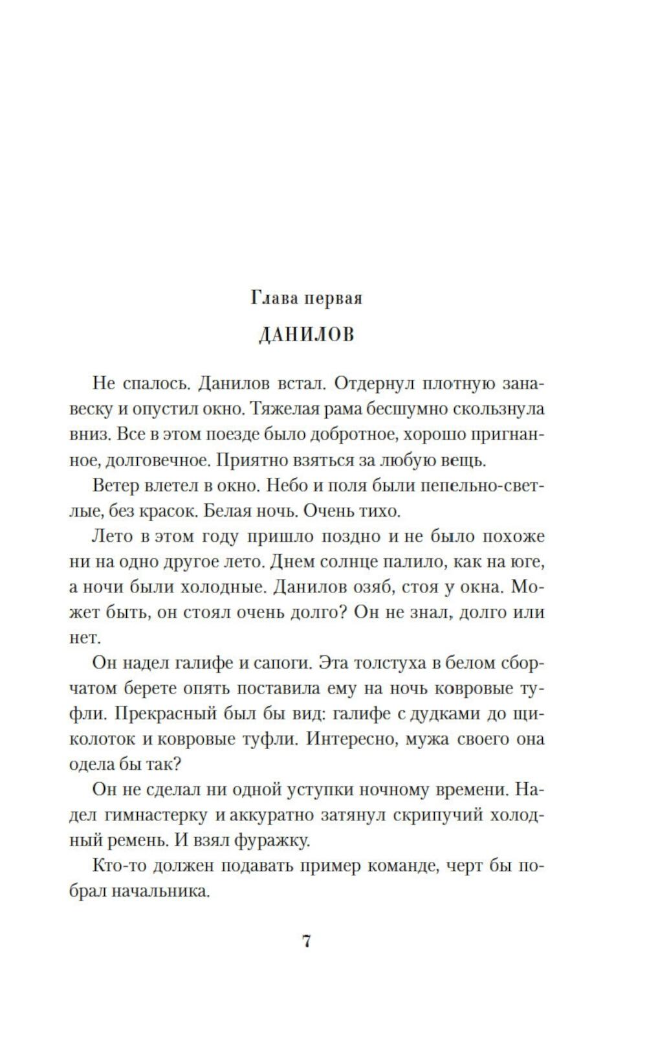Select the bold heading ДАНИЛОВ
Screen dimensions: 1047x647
tap(307, 335)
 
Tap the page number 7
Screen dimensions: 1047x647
tap(307, 941)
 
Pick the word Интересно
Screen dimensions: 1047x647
tap(351, 739)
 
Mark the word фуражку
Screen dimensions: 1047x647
tap(274, 840)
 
